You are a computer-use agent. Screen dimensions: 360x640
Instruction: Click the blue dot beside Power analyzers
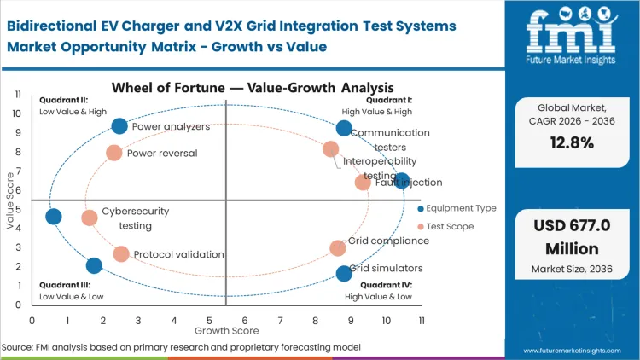pyautogui.click(x=119, y=126)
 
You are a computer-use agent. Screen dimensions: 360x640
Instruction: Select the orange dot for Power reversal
pyautogui.click(x=114, y=153)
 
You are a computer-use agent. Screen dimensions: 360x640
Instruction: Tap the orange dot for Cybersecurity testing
pyautogui.click(x=90, y=218)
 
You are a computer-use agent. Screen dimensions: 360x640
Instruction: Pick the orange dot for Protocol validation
pyautogui.click(x=121, y=253)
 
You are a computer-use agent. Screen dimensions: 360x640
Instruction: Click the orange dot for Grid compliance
pyautogui.click(x=338, y=248)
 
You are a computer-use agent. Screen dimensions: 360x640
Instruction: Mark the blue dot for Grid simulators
pyautogui.click(x=344, y=273)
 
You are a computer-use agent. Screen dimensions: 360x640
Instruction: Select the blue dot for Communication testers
pyautogui.click(x=344, y=128)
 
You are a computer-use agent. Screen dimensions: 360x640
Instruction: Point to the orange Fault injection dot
pyautogui.click(x=363, y=182)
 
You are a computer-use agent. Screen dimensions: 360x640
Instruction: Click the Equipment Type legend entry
pyautogui.click(x=460, y=209)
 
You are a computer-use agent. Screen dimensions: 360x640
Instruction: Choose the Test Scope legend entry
pyautogui.click(x=449, y=226)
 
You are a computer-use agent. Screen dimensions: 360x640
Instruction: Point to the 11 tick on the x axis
pyautogui.click(x=422, y=320)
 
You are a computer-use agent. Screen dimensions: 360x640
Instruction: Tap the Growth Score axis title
pyautogui.click(x=226, y=329)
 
